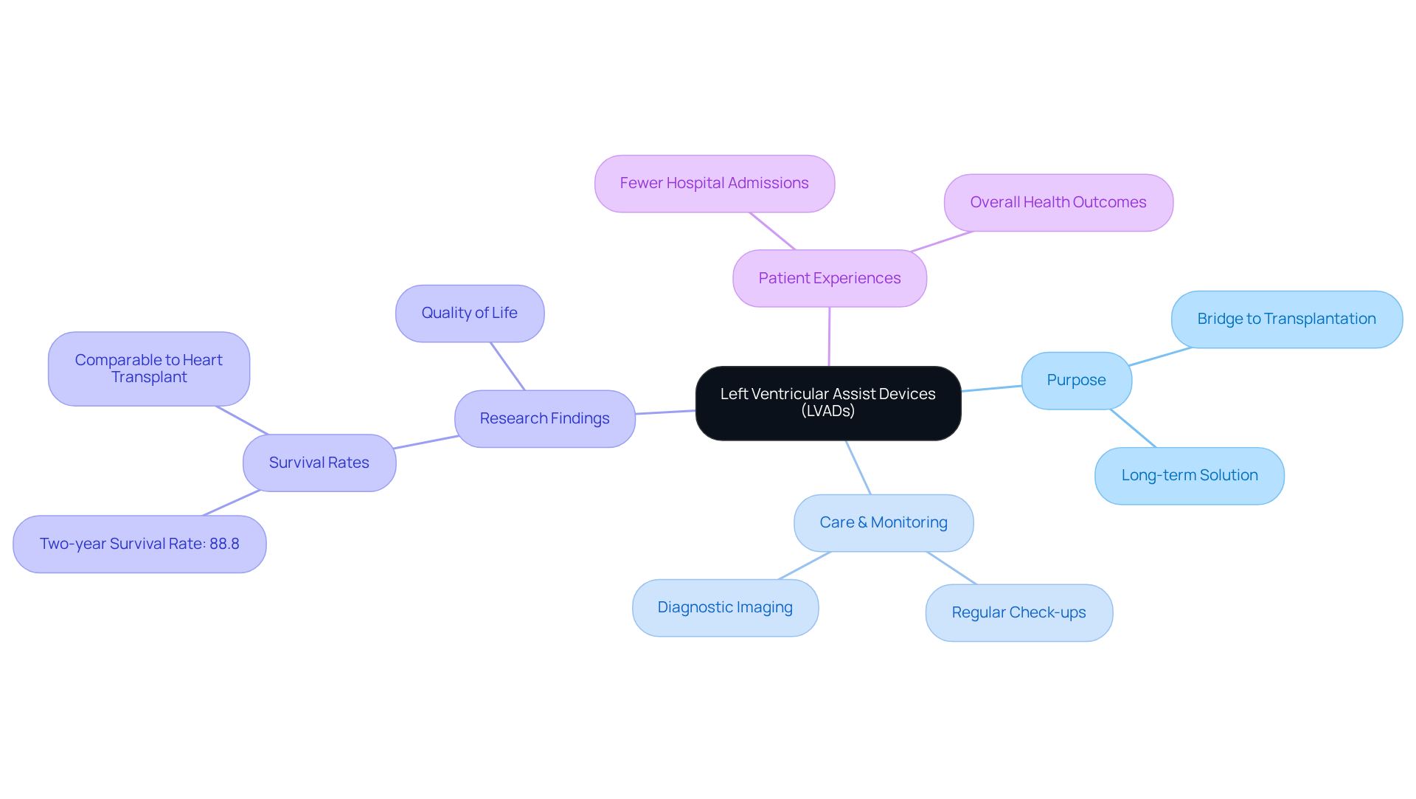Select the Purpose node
point(1076,381)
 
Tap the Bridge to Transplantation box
point(1286,319)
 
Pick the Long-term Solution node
point(1189,476)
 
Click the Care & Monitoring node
point(883,523)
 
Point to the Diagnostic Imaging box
point(725,608)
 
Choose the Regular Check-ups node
point(1018,613)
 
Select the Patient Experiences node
point(829,279)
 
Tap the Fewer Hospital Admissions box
point(714,184)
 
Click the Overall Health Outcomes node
point(1058,203)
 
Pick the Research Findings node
point(544,419)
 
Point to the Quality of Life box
point(469,314)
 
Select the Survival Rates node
point(319,463)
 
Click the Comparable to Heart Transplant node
point(148,369)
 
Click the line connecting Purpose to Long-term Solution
point(1134,429)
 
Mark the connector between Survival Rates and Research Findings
point(426,442)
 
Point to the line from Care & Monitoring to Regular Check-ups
point(951,568)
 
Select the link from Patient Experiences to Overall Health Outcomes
point(943,241)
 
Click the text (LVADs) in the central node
point(827,412)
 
